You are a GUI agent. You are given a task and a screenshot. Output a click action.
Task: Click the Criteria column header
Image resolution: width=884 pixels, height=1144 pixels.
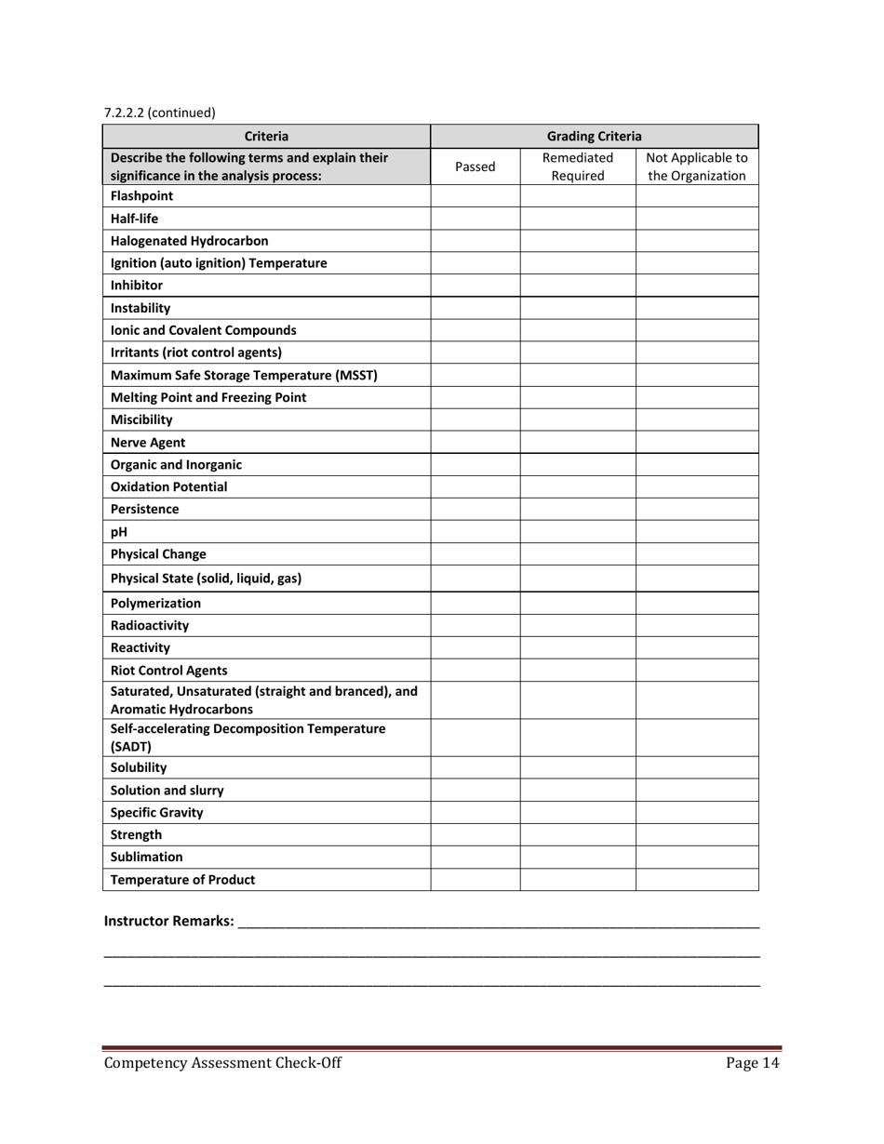coord(266,136)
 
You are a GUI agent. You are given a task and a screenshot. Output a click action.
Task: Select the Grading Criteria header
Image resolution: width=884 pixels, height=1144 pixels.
coord(594,136)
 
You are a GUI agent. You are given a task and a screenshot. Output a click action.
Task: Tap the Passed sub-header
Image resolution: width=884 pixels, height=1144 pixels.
coord(475,166)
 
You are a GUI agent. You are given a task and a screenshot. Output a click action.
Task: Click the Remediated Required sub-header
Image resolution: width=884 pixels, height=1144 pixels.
coord(577,166)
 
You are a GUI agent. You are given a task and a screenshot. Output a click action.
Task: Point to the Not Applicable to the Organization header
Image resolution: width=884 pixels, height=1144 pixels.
coord(697,166)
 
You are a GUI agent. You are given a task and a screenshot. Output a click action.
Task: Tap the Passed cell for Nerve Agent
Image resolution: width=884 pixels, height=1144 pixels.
coord(475,443)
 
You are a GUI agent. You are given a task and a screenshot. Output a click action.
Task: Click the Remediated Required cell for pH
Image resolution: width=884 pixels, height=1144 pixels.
coord(577,533)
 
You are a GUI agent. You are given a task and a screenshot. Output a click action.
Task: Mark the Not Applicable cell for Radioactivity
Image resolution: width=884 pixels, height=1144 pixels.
coord(697,625)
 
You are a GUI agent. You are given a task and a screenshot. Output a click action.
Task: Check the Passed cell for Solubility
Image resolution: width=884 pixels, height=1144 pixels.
coord(475,767)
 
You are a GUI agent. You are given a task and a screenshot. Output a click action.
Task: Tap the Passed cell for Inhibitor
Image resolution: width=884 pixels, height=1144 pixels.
coord(475,286)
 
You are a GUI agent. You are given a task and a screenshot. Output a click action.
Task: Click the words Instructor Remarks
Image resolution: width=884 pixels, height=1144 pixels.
coord(168,921)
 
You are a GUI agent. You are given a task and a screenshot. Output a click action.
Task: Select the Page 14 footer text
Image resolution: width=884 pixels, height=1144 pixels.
coord(752,1064)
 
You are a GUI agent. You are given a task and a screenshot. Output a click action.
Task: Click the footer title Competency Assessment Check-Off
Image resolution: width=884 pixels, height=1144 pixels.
coord(222,1064)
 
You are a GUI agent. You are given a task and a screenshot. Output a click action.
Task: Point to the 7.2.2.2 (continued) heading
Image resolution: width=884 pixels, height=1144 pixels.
coord(159,113)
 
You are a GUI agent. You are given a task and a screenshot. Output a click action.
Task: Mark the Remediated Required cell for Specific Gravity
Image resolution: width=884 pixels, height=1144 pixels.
coord(577,812)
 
